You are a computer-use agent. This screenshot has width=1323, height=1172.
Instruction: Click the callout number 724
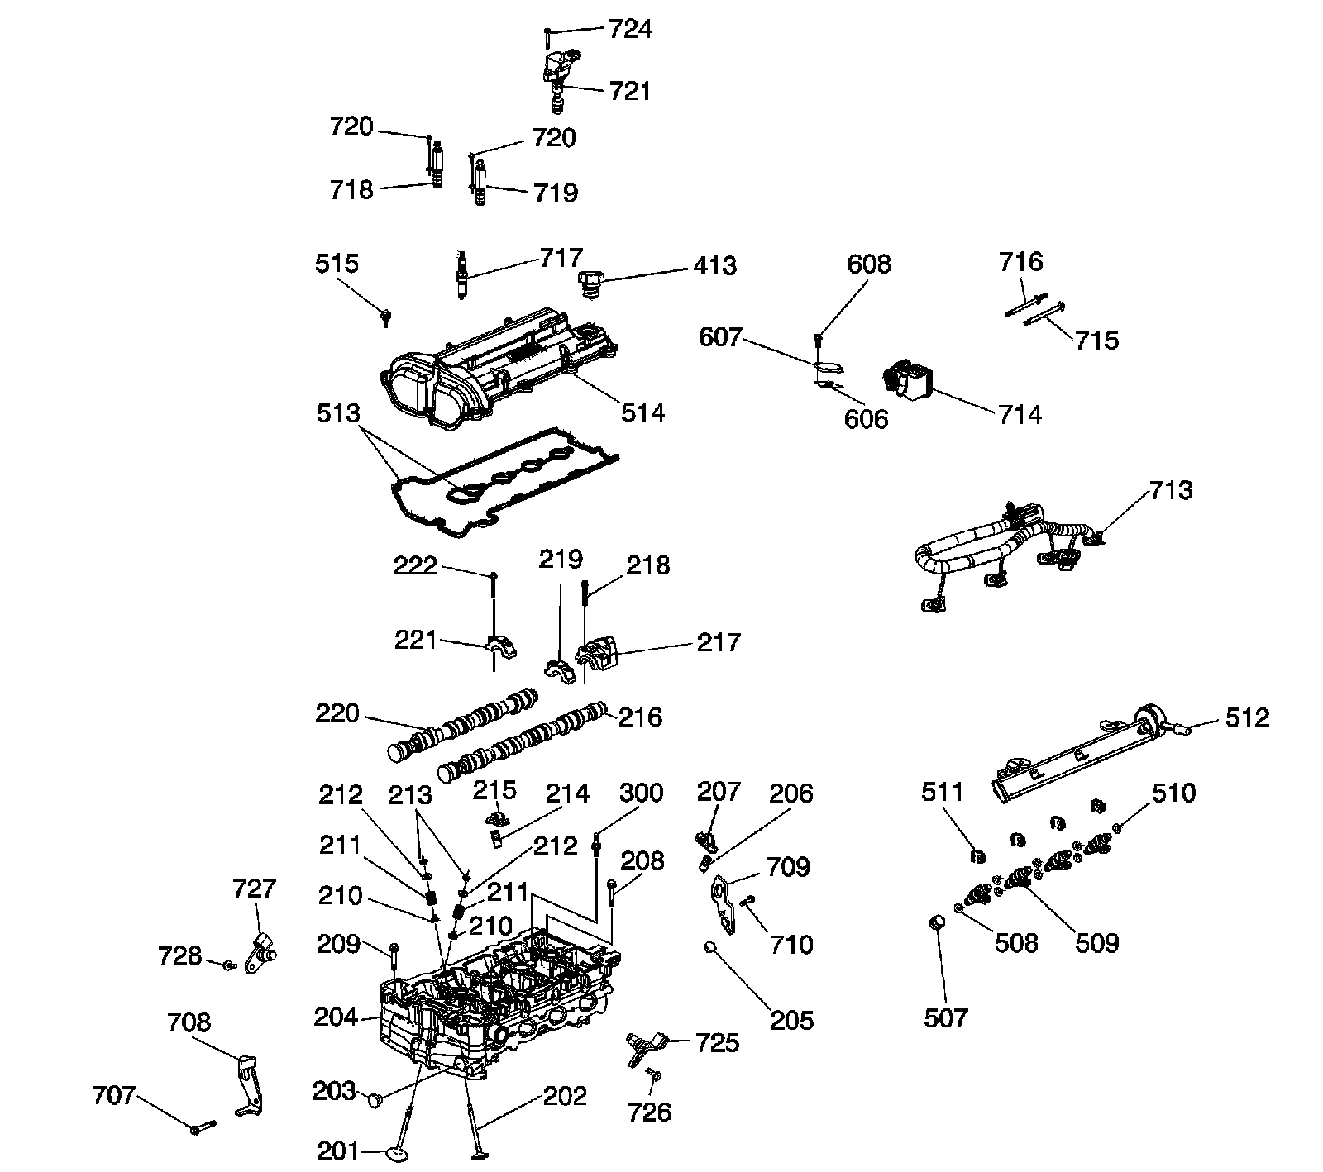click(631, 30)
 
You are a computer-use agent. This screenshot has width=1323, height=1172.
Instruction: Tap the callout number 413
click(714, 266)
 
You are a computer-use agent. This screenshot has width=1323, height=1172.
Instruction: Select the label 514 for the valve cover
click(643, 412)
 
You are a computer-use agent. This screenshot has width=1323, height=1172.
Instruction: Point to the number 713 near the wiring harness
click(1172, 490)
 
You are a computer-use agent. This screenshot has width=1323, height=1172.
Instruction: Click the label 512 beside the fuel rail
click(1247, 717)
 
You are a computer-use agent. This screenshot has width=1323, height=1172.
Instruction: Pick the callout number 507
click(945, 1017)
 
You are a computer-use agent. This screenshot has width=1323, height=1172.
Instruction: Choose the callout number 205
click(792, 1021)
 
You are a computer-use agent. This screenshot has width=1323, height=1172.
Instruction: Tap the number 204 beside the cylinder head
click(336, 1017)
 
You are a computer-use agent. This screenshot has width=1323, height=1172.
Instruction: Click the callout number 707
click(113, 1095)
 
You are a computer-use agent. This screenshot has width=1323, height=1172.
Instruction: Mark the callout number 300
click(642, 793)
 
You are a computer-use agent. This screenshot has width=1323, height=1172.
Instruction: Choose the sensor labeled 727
click(261, 950)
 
